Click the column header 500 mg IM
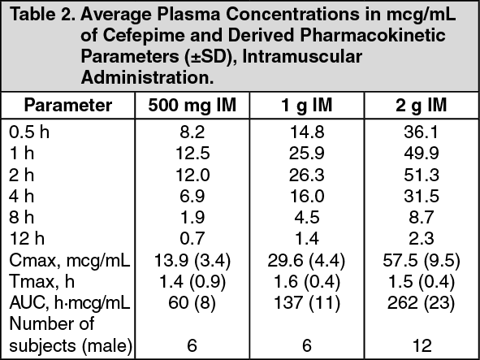coord(191,106)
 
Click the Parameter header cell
coord(68,106)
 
